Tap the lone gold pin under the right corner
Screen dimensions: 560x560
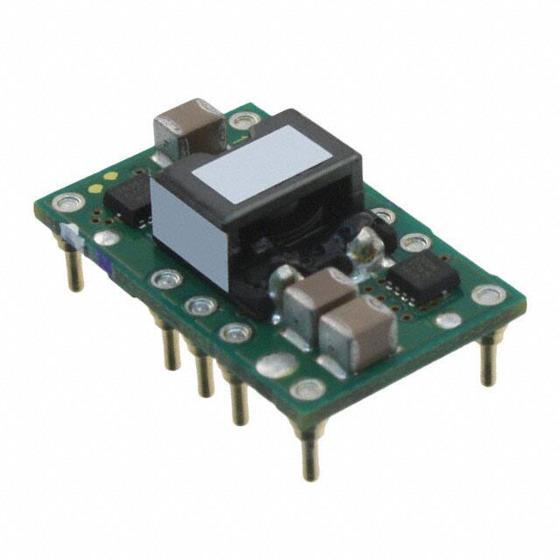coord(489,359)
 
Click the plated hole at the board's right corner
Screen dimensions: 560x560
coord(487,295)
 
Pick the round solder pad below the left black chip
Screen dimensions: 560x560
coord(106,237)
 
